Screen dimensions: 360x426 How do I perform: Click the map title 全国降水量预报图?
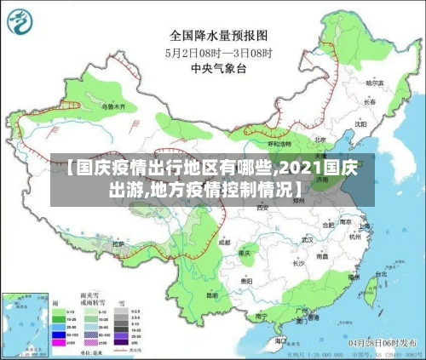(x=218, y=36)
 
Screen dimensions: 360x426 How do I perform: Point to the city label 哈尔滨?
(x=374, y=83)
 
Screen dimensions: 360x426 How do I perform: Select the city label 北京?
(x=319, y=140)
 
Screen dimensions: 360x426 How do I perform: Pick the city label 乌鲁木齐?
(x=113, y=108)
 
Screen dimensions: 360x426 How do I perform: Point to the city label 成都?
(x=223, y=242)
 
